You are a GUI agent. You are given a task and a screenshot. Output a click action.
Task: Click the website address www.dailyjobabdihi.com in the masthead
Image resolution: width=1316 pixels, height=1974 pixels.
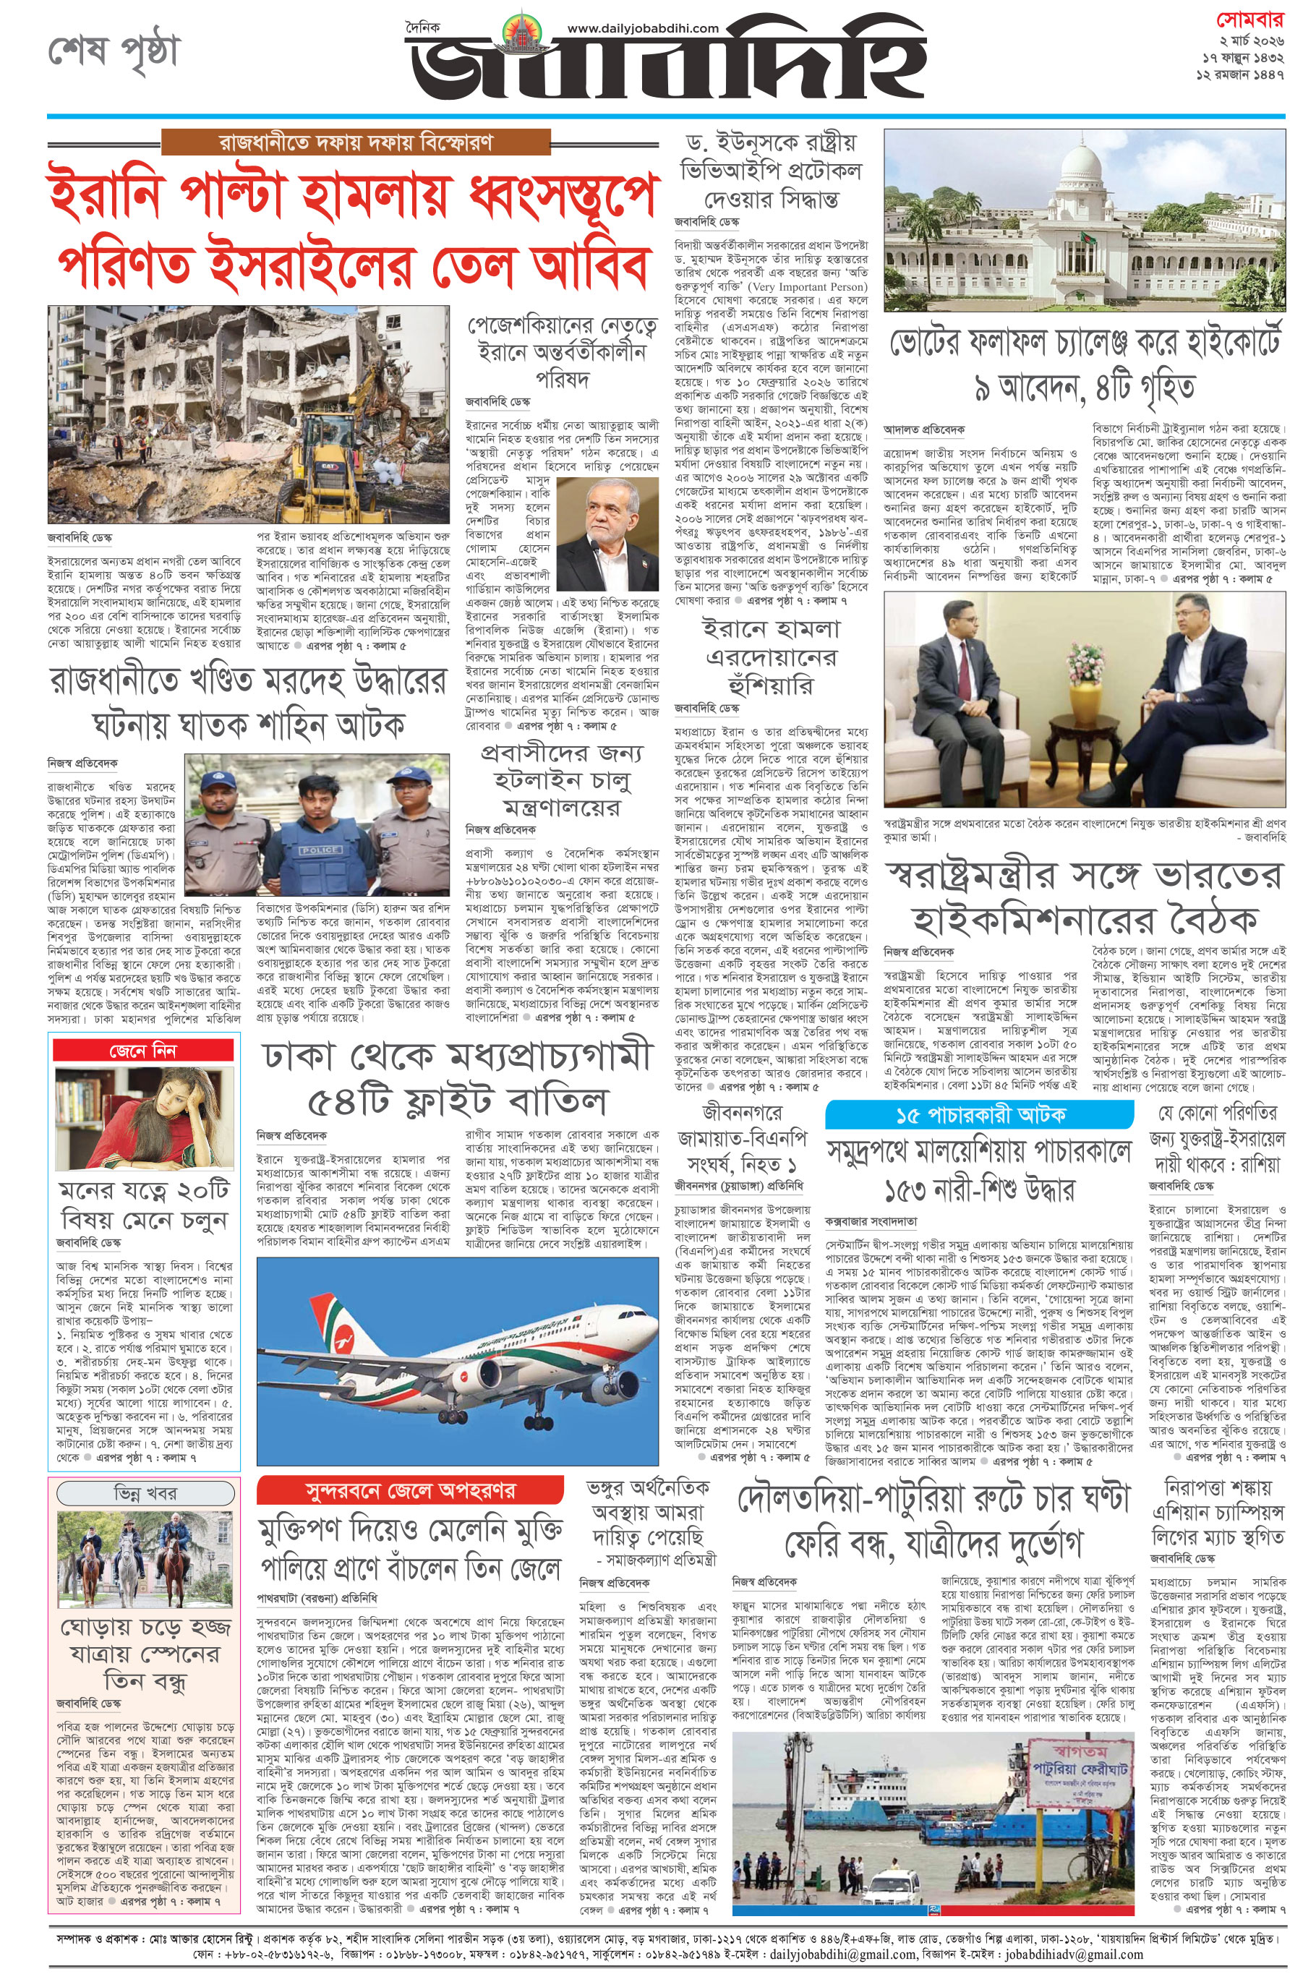[x=643, y=27]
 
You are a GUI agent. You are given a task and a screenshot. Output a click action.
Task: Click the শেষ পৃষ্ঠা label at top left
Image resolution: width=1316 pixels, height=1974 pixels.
[x=114, y=52]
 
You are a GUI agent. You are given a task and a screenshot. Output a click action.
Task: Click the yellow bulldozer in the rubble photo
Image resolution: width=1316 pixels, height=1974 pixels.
[x=343, y=470]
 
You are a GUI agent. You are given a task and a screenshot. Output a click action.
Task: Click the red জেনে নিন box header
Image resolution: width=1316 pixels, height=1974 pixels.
[x=143, y=1050]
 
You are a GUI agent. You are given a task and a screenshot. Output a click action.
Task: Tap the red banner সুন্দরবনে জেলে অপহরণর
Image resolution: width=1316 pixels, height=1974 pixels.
[x=409, y=1490]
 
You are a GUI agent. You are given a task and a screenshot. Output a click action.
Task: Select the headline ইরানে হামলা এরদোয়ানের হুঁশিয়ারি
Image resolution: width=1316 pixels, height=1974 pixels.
[x=771, y=657]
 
